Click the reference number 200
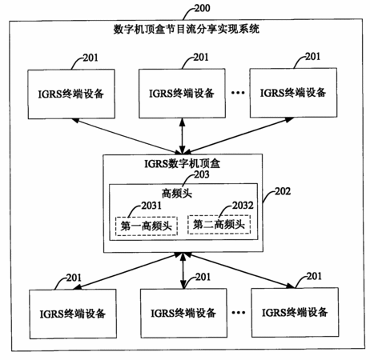[x=202, y=8]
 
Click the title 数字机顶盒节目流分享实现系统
[x=186, y=29]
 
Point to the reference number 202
[x=283, y=191]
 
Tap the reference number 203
[x=202, y=174]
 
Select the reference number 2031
[x=151, y=206]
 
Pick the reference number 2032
[x=243, y=205]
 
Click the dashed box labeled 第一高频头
[x=147, y=226]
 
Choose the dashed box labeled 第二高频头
[x=219, y=225]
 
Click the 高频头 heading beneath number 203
[x=177, y=193]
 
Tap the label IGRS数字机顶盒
[x=182, y=163]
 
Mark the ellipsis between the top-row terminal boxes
[x=238, y=93]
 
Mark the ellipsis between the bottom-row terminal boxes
[x=239, y=313]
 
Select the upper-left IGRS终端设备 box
[x=71, y=94]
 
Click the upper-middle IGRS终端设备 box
[x=182, y=93]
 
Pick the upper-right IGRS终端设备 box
[x=293, y=93]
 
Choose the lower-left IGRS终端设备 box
[x=73, y=314]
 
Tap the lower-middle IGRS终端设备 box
[x=183, y=313]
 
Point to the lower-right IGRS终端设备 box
[x=295, y=312]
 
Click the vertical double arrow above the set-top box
[x=183, y=136]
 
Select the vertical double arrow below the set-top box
[x=183, y=270]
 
